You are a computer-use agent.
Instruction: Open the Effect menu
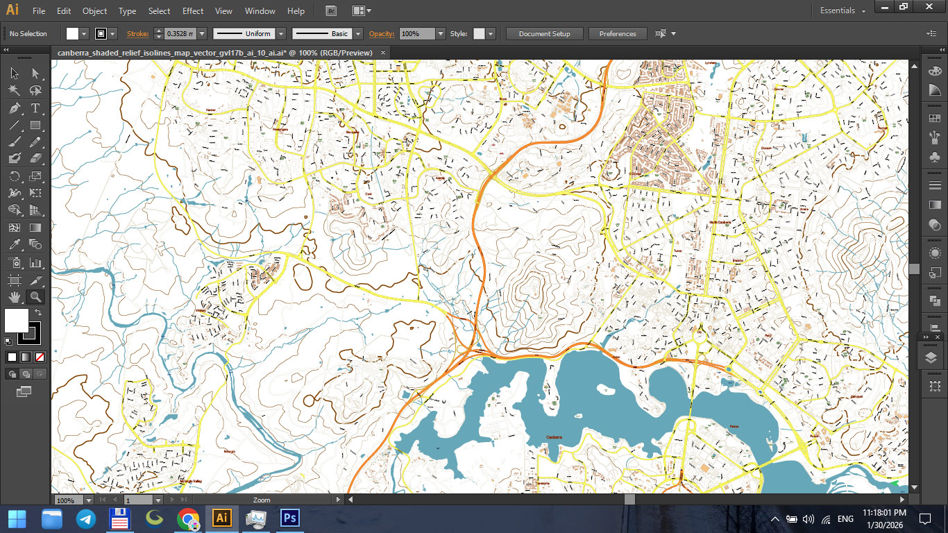point(193,11)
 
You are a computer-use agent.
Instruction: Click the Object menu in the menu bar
point(94,11)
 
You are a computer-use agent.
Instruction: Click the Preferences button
point(617,33)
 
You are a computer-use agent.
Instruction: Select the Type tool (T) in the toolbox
point(35,108)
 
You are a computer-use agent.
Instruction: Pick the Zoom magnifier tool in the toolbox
point(35,297)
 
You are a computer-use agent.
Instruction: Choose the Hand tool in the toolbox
point(14,297)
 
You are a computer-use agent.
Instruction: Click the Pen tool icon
point(14,108)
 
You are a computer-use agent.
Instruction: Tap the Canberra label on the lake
point(554,437)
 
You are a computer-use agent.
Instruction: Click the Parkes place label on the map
point(734,426)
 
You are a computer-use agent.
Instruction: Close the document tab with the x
point(383,52)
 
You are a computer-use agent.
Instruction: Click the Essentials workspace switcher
point(843,11)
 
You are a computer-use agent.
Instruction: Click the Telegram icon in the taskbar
point(86,518)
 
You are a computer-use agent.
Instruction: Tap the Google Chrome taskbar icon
point(188,518)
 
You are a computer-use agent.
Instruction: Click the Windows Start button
point(17,518)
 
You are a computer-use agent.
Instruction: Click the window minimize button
point(883,6)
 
